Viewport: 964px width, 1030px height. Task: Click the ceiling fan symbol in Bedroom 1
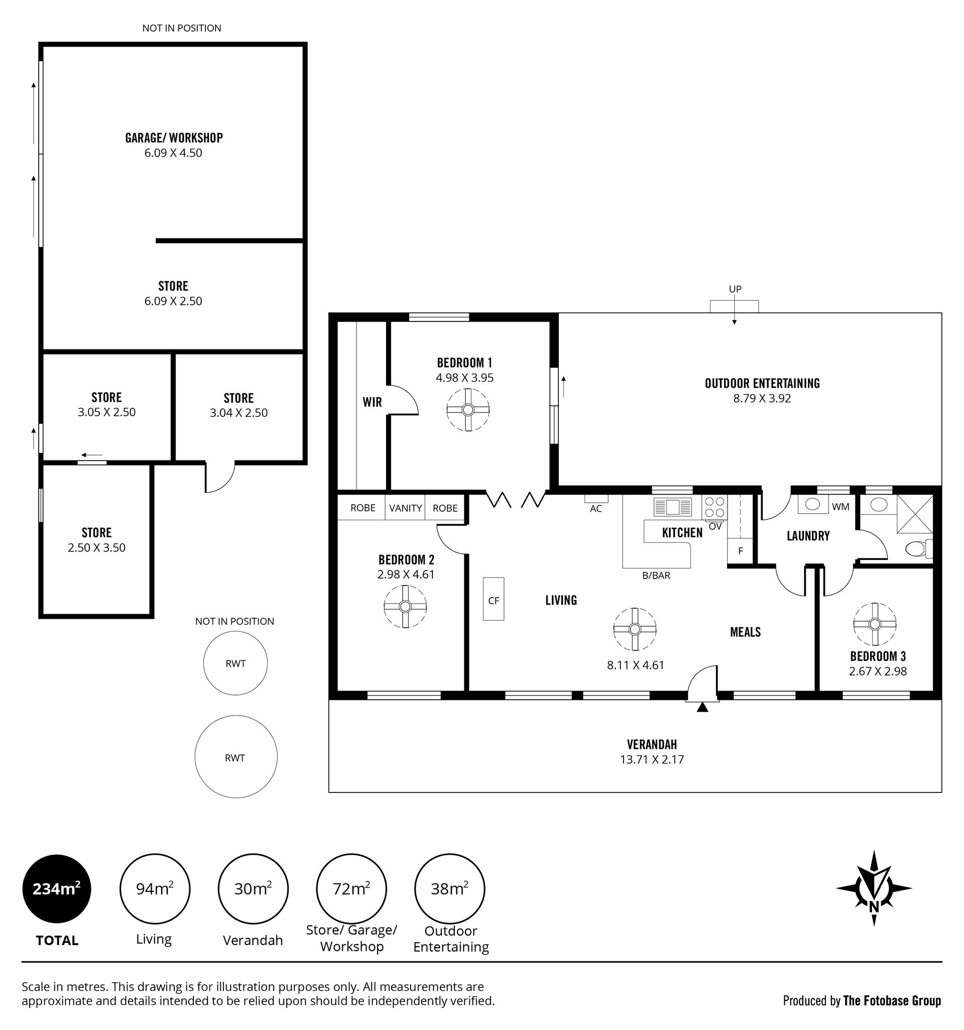[x=468, y=410]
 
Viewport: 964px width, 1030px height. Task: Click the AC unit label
[x=595, y=508]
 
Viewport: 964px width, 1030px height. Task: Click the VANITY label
[x=405, y=508]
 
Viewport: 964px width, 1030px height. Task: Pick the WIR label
[x=372, y=402]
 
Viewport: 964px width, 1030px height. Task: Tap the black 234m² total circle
[x=56, y=888]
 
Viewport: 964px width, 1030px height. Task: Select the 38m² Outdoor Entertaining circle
[x=450, y=888]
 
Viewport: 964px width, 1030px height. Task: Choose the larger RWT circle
[x=235, y=757]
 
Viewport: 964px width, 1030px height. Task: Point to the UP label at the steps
[x=735, y=289]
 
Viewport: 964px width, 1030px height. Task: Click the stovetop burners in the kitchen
[x=715, y=507]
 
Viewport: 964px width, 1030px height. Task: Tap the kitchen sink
[x=672, y=506]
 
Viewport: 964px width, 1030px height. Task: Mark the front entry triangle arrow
[x=702, y=707]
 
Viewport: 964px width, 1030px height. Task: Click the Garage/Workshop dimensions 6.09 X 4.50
[x=173, y=153]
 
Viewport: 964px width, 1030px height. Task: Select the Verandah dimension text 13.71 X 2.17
[x=652, y=759]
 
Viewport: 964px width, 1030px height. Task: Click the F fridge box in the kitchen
[x=740, y=551]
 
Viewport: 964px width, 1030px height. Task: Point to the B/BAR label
[x=656, y=575]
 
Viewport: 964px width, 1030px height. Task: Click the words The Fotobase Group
[x=892, y=1000]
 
